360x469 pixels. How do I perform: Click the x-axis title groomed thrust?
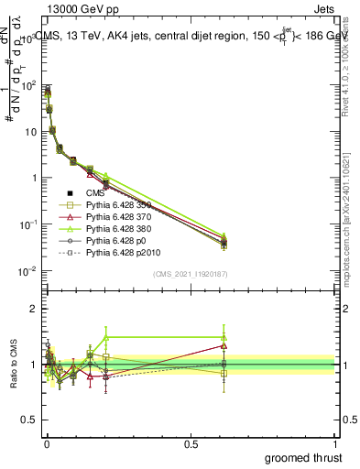[303, 456]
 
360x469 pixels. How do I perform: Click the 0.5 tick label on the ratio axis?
[27, 420]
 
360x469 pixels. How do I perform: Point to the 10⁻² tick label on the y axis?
[26, 271]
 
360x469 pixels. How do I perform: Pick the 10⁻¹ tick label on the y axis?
[26, 224]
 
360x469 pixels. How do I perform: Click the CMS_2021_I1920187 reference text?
[191, 274]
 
